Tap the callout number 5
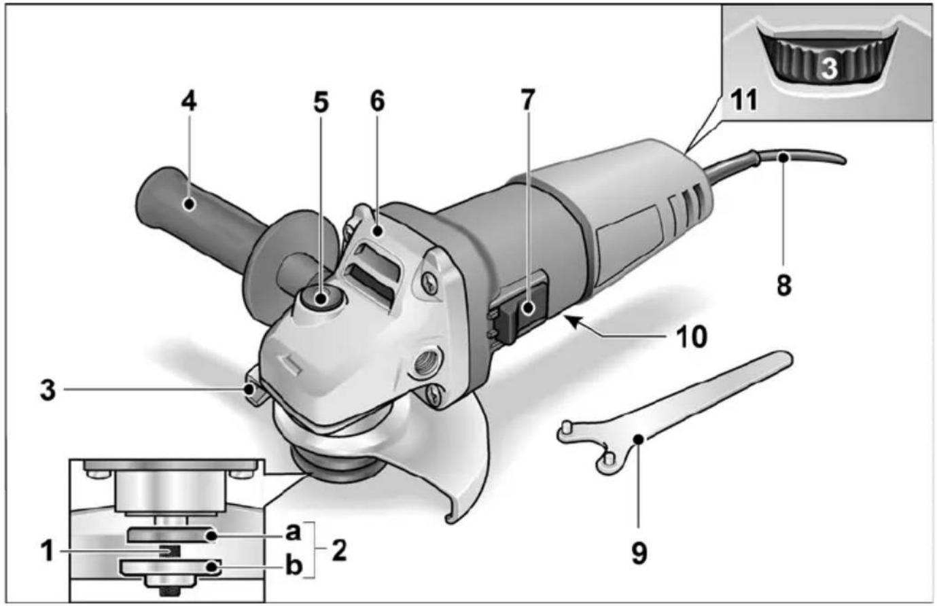tap(320, 102)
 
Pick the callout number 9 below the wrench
tap(639, 552)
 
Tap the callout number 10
tap(691, 336)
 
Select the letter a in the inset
tap(293, 531)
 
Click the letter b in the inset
tap(293, 566)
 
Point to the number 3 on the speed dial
tap(828, 68)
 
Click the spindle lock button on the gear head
tap(321, 297)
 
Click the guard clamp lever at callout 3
tap(253, 392)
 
